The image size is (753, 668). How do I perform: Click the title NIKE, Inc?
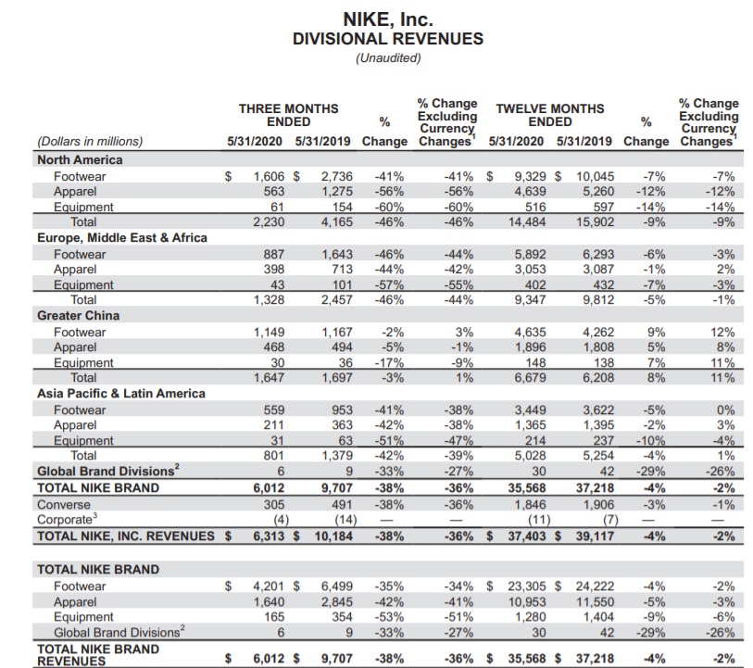387,19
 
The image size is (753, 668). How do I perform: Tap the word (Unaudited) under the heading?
387,58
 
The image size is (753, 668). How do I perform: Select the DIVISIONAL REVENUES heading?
387,39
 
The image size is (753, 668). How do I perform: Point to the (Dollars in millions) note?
89,142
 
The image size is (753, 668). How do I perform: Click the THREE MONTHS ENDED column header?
288,115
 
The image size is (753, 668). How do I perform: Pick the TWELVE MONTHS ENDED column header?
549,115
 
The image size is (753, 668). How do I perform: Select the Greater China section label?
73,314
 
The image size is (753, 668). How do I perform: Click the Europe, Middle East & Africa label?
120,236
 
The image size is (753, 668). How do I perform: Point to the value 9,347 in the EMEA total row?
512,299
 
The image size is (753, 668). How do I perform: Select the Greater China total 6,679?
512,377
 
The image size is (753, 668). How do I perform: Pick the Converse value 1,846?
512,505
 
